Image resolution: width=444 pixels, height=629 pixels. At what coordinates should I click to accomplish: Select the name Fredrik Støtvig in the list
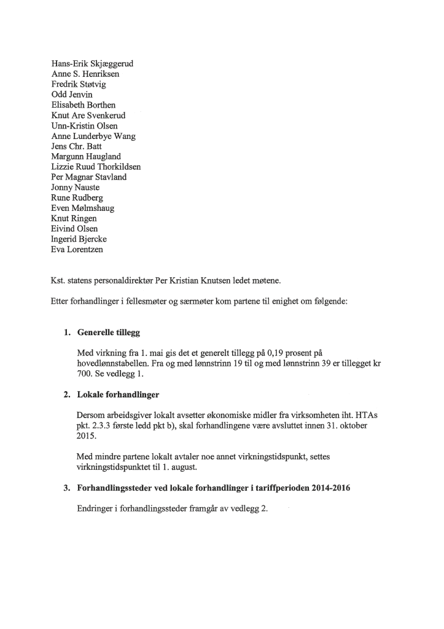pos(79,84)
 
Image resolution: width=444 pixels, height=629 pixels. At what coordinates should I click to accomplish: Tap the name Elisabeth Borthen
pos(84,105)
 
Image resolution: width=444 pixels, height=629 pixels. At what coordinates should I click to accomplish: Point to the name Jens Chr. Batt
pos(77,146)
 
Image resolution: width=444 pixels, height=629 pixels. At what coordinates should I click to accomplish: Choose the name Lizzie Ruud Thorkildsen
pos(97,167)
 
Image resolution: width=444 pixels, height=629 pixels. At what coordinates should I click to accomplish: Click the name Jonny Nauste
pos(76,188)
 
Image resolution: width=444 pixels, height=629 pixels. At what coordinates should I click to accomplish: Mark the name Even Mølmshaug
pos(83,208)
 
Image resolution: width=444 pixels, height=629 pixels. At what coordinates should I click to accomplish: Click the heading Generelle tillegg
pos(109,333)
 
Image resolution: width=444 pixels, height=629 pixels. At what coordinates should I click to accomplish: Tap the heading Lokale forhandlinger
pos(119,394)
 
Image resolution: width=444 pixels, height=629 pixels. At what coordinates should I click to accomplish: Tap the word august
pos(182,467)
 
